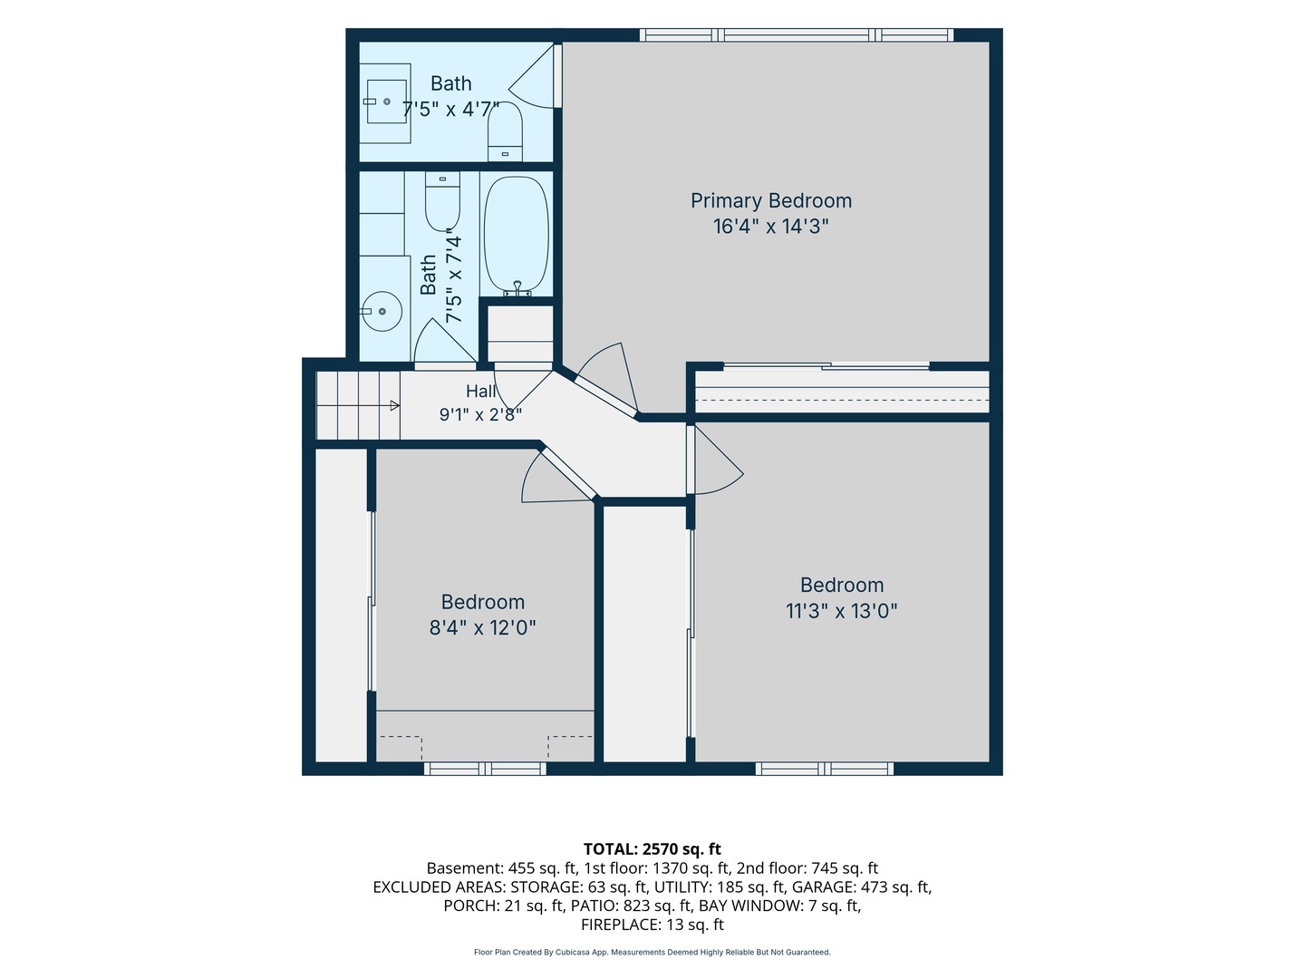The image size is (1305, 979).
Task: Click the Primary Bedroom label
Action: (x=770, y=201)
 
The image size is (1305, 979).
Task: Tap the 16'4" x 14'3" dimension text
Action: (x=770, y=227)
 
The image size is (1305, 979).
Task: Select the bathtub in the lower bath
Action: (x=516, y=236)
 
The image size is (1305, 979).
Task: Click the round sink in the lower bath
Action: (x=382, y=311)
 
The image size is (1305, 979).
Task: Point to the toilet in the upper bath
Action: (x=505, y=131)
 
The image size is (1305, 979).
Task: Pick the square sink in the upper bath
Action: (x=386, y=102)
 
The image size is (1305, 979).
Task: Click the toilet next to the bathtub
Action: (x=442, y=201)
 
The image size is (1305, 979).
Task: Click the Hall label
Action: (x=480, y=391)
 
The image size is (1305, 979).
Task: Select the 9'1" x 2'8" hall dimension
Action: (x=480, y=414)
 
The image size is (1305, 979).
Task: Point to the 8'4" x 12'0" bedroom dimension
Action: (x=482, y=627)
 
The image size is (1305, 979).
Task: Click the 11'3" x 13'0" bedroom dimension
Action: (x=841, y=610)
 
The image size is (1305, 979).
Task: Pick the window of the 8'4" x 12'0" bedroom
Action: (x=485, y=769)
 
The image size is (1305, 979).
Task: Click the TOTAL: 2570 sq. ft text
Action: (x=652, y=848)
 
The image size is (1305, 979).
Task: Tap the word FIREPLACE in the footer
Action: (x=618, y=925)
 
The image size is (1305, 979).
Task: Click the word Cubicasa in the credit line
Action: (x=571, y=952)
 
